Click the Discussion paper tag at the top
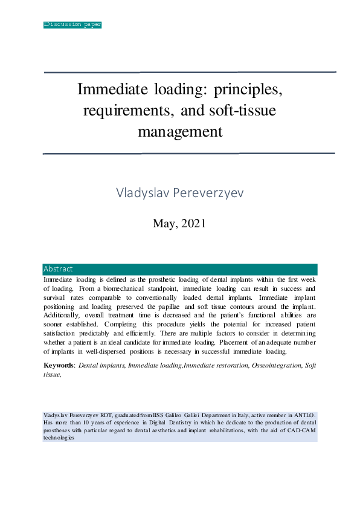(72, 25)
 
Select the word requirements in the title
(120, 111)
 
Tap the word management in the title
(180, 131)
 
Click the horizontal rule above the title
(189, 73)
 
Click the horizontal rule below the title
(189, 154)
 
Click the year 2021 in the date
(193, 223)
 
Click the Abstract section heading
(58, 269)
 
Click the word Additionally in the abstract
(63, 316)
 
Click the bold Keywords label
(59, 366)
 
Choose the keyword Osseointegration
(275, 366)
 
